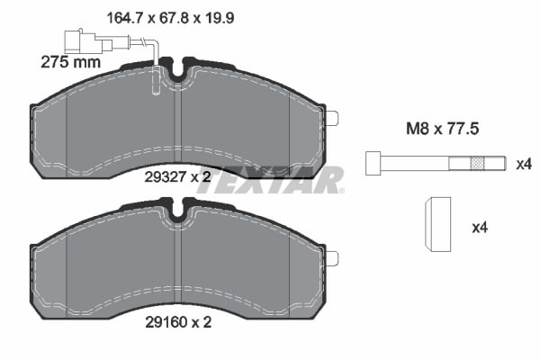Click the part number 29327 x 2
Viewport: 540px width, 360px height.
(x=177, y=177)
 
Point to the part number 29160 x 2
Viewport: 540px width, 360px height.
(x=177, y=325)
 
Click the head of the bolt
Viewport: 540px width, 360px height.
(x=372, y=164)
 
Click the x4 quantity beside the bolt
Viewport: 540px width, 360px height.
(x=524, y=164)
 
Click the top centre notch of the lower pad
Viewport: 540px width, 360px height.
(x=177, y=212)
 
